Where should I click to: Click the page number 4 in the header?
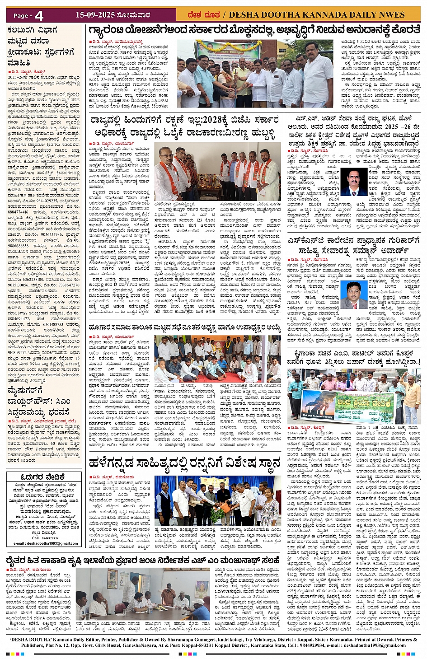39,15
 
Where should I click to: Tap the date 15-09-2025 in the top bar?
95,15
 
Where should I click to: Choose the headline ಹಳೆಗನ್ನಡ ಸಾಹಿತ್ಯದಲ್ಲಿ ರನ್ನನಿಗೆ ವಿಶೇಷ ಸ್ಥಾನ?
185,463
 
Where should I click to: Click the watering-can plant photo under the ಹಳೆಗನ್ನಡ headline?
217,500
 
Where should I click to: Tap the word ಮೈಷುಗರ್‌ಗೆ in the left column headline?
26,390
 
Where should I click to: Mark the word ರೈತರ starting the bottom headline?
18,560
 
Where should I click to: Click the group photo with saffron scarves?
217,171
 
